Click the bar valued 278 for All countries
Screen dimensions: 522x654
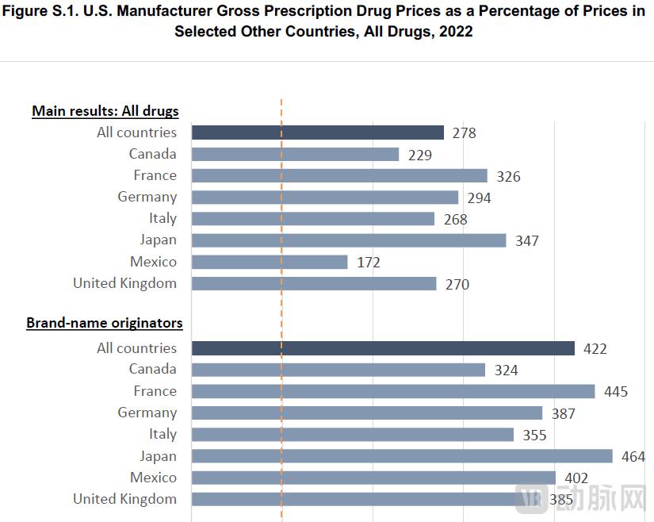(x=317, y=132)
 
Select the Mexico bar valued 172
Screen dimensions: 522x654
(x=270, y=262)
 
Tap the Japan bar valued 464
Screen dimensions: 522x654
(x=402, y=456)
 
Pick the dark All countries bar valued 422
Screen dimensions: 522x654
(x=383, y=348)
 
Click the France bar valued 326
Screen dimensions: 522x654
(x=339, y=176)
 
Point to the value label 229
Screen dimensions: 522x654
(x=420, y=155)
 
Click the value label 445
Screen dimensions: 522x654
(x=615, y=392)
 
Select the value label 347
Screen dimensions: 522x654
(x=526, y=240)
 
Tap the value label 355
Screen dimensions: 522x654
(x=534, y=435)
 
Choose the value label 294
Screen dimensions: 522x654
(x=479, y=198)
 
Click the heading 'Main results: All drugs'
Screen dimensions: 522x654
(x=105, y=111)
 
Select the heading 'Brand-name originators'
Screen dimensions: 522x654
(x=105, y=323)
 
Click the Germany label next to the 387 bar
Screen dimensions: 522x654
(x=147, y=413)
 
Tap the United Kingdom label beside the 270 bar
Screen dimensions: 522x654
(x=125, y=283)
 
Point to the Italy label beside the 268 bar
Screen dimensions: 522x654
(x=163, y=218)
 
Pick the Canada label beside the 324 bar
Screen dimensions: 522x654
(x=153, y=369)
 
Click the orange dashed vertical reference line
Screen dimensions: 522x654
(x=281, y=309)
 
